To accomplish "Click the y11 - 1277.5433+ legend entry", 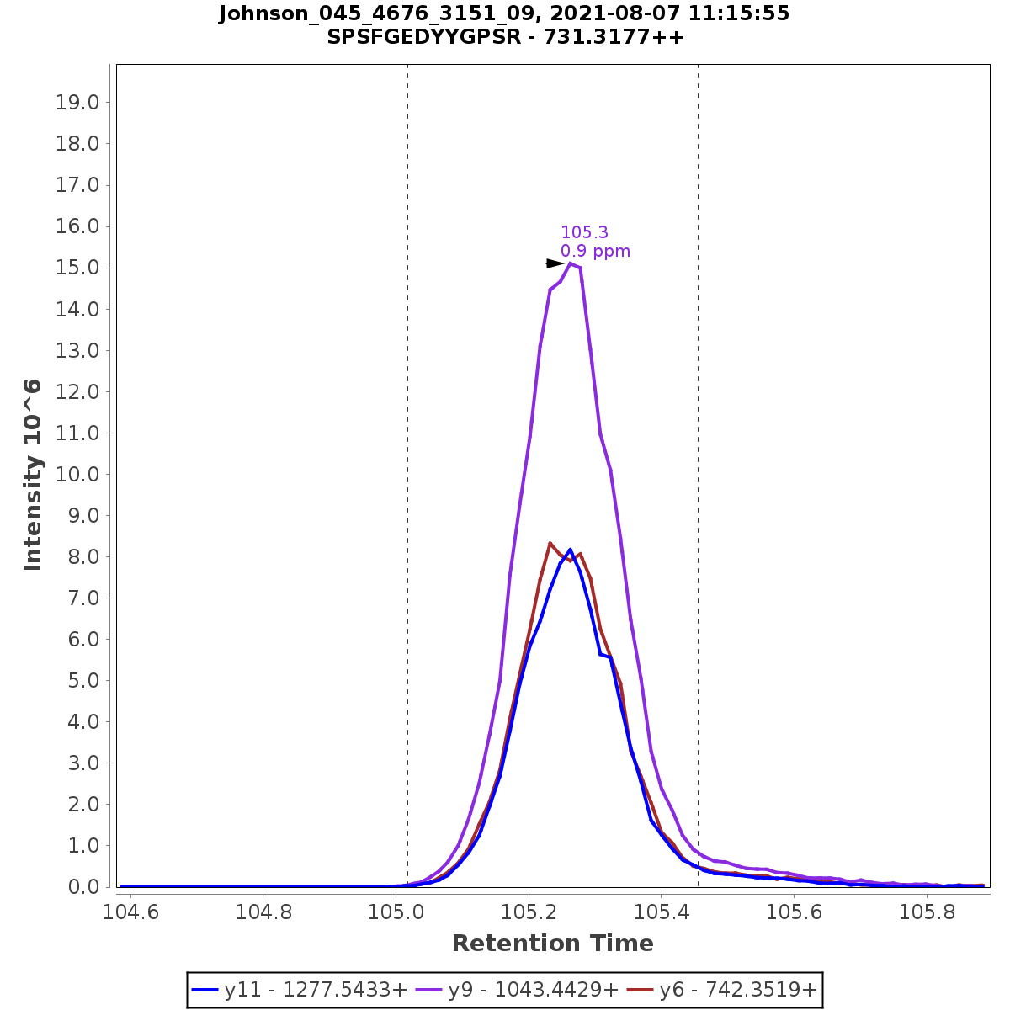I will click(300, 990).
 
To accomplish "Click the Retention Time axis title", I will click(552, 944).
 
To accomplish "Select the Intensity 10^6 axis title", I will click(34, 475).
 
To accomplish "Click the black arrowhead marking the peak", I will click(555, 263).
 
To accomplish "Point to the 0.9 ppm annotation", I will click(595, 251).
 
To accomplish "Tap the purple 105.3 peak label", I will click(584, 232).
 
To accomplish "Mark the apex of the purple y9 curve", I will click(571, 263).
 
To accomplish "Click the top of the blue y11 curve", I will click(570, 550).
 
